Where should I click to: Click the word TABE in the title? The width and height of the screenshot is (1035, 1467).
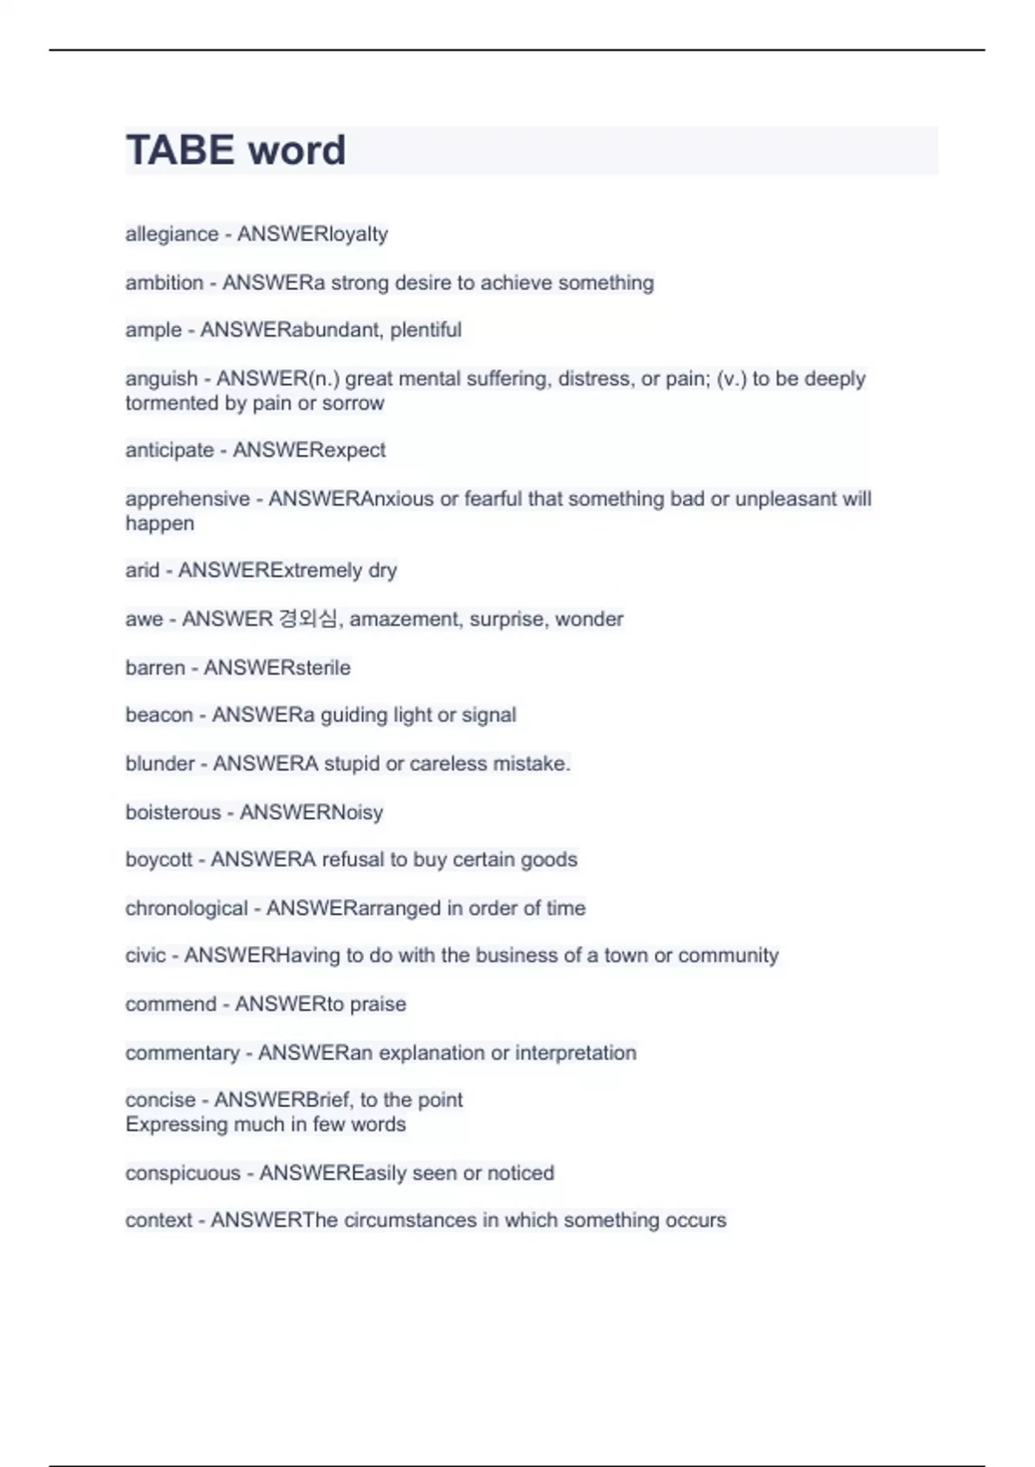point(179,150)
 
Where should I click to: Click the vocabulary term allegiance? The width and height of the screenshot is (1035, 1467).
point(172,234)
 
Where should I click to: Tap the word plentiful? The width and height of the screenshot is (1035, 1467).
point(425,330)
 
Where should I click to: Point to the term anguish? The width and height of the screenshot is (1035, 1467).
point(161,379)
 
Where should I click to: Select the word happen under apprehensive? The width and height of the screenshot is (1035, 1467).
point(160,524)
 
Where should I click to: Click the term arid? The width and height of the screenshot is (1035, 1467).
point(142,570)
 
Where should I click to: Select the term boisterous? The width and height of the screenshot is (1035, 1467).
point(172,813)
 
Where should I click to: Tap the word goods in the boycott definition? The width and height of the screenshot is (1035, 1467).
point(551,859)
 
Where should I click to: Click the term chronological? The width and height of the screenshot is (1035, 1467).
point(186,909)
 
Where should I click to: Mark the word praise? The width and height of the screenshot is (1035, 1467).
point(378,1004)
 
